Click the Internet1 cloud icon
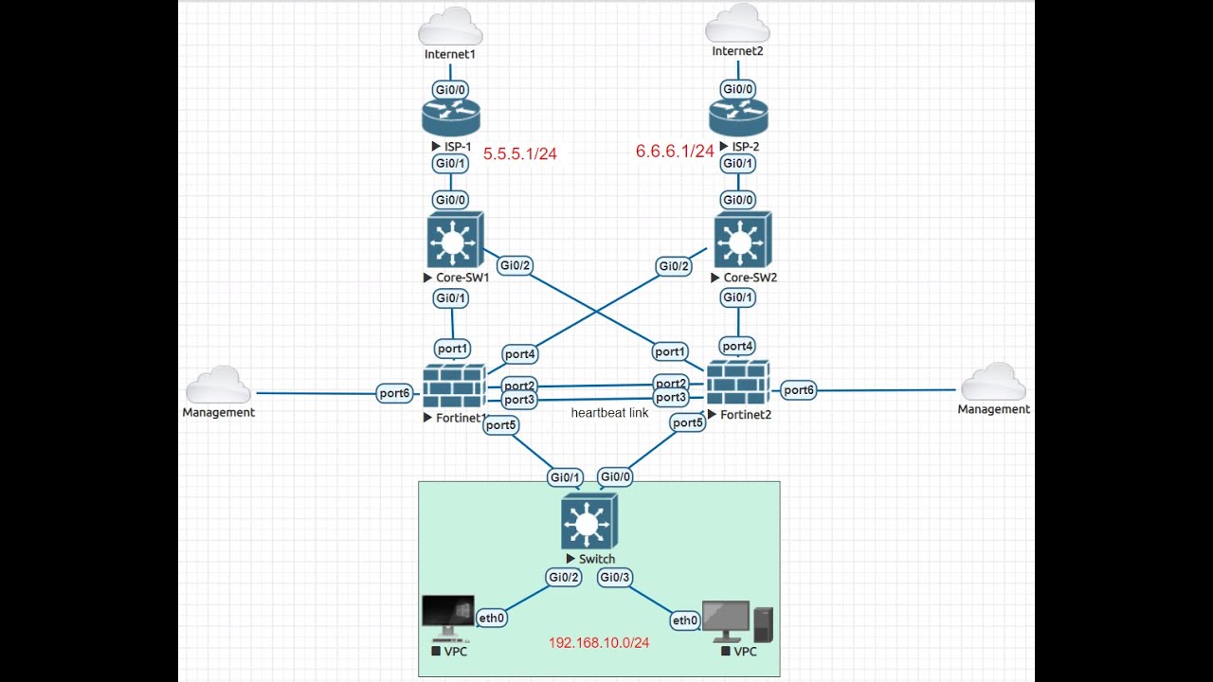click(x=450, y=27)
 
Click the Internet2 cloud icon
click(x=737, y=25)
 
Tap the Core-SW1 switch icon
click(x=455, y=241)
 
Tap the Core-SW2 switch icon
click(x=742, y=241)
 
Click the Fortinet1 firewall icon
click(x=454, y=386)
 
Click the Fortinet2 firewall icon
click(x=737, y=384)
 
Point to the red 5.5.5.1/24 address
click(x=520, y=153)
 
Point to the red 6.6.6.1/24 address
click(x=674, y=152)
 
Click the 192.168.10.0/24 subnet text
click(x=599, y=643)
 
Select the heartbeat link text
click(x=609, y=414)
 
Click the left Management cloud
click(x=219, y=386)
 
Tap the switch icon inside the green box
click(x=588, y=521)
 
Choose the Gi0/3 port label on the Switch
click(x=615, y=577)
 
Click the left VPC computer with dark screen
click(x=448, y=619)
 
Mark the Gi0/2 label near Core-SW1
click(x=515, y=265)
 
